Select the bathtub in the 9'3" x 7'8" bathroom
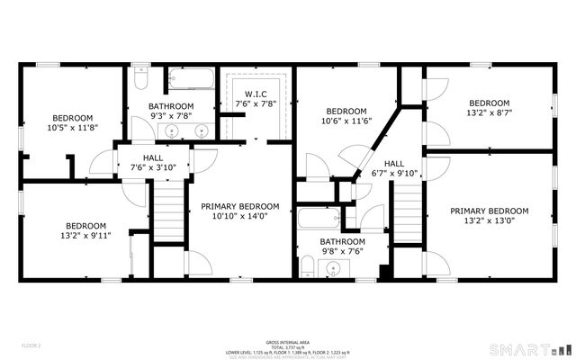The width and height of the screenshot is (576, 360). tap(190, 79)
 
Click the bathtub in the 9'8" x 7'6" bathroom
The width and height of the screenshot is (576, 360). tap(319, 219)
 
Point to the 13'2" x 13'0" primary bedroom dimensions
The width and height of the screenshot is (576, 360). tap(489, 221)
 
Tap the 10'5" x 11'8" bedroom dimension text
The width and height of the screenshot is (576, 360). tap(71, 129)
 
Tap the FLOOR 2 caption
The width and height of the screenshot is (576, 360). tap(32, 345)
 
